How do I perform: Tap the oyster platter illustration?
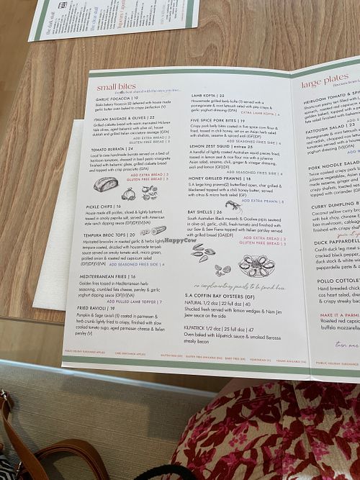coord(256,266)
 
